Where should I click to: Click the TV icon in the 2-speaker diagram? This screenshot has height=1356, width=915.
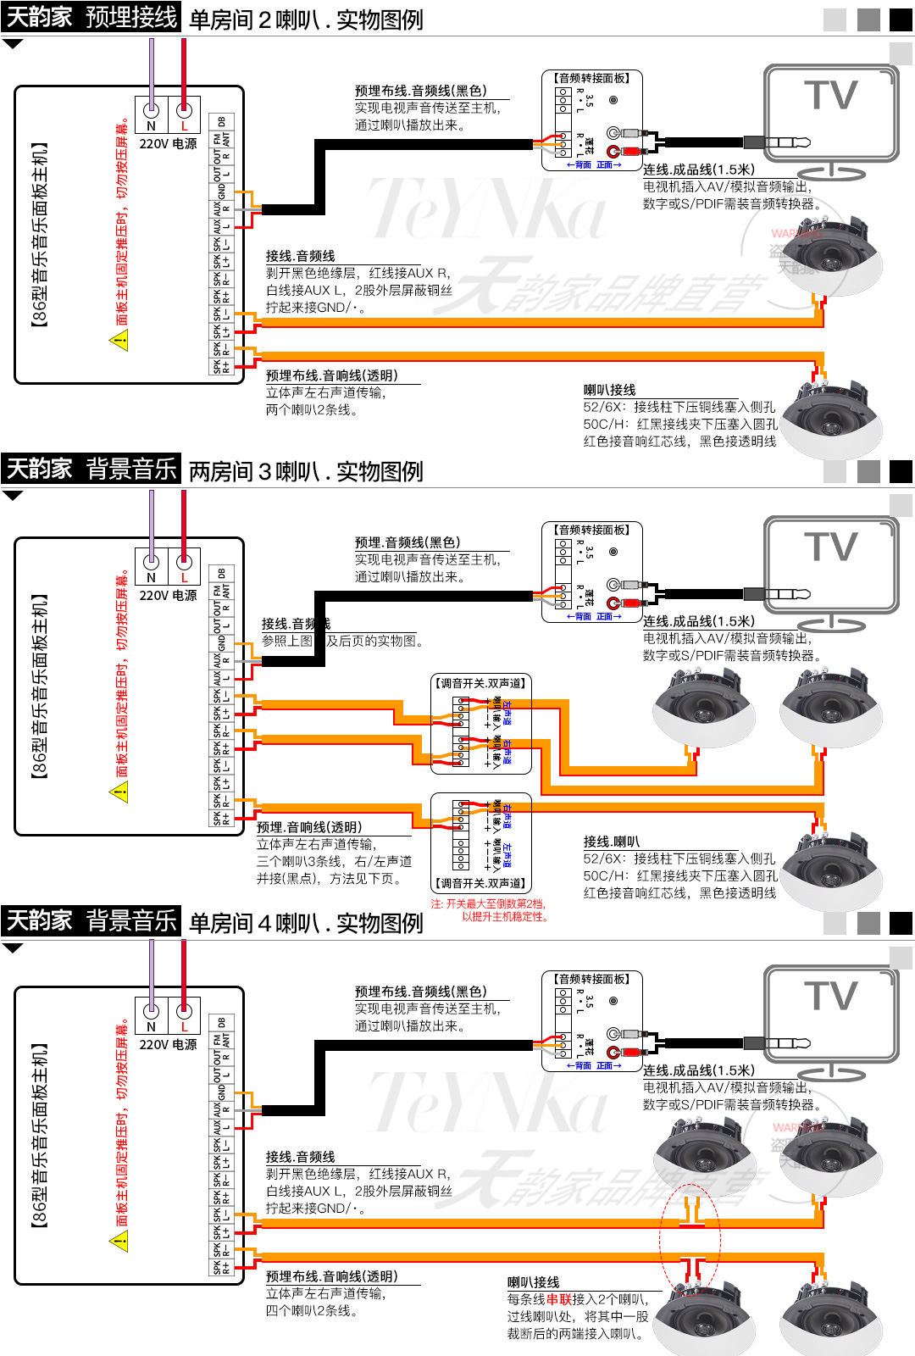pos(830,114)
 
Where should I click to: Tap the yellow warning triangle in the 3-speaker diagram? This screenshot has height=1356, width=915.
pos(119,792)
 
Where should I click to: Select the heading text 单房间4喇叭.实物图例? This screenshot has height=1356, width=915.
pos(306,923)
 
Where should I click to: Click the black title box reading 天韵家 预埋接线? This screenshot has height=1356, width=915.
pos(91,17)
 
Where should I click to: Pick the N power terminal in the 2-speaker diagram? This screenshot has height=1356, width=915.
pos(152,110)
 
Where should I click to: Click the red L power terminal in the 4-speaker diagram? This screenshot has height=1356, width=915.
pos(184,1011)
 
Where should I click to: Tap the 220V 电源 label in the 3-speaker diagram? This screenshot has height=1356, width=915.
pos(168,596)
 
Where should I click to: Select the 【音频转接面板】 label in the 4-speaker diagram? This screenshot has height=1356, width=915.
pos(592,979)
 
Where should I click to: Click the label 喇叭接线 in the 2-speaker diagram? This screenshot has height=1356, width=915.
pos(609,390)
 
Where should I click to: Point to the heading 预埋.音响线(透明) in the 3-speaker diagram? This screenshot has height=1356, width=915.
pos(309,827)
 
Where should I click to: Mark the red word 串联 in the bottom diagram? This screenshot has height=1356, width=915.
pos(559,1299)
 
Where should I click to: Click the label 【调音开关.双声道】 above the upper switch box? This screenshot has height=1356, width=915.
pos(480,683)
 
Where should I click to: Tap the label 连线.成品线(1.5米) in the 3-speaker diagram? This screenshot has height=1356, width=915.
pos(698,621)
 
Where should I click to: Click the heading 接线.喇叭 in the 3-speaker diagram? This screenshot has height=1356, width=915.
pos(611,842)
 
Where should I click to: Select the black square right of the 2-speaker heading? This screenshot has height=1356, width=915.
pos(901,19)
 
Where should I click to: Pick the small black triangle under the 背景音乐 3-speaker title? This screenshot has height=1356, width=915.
pos(13,496)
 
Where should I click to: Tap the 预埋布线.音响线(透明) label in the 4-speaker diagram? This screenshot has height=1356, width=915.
pos(331,1276)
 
